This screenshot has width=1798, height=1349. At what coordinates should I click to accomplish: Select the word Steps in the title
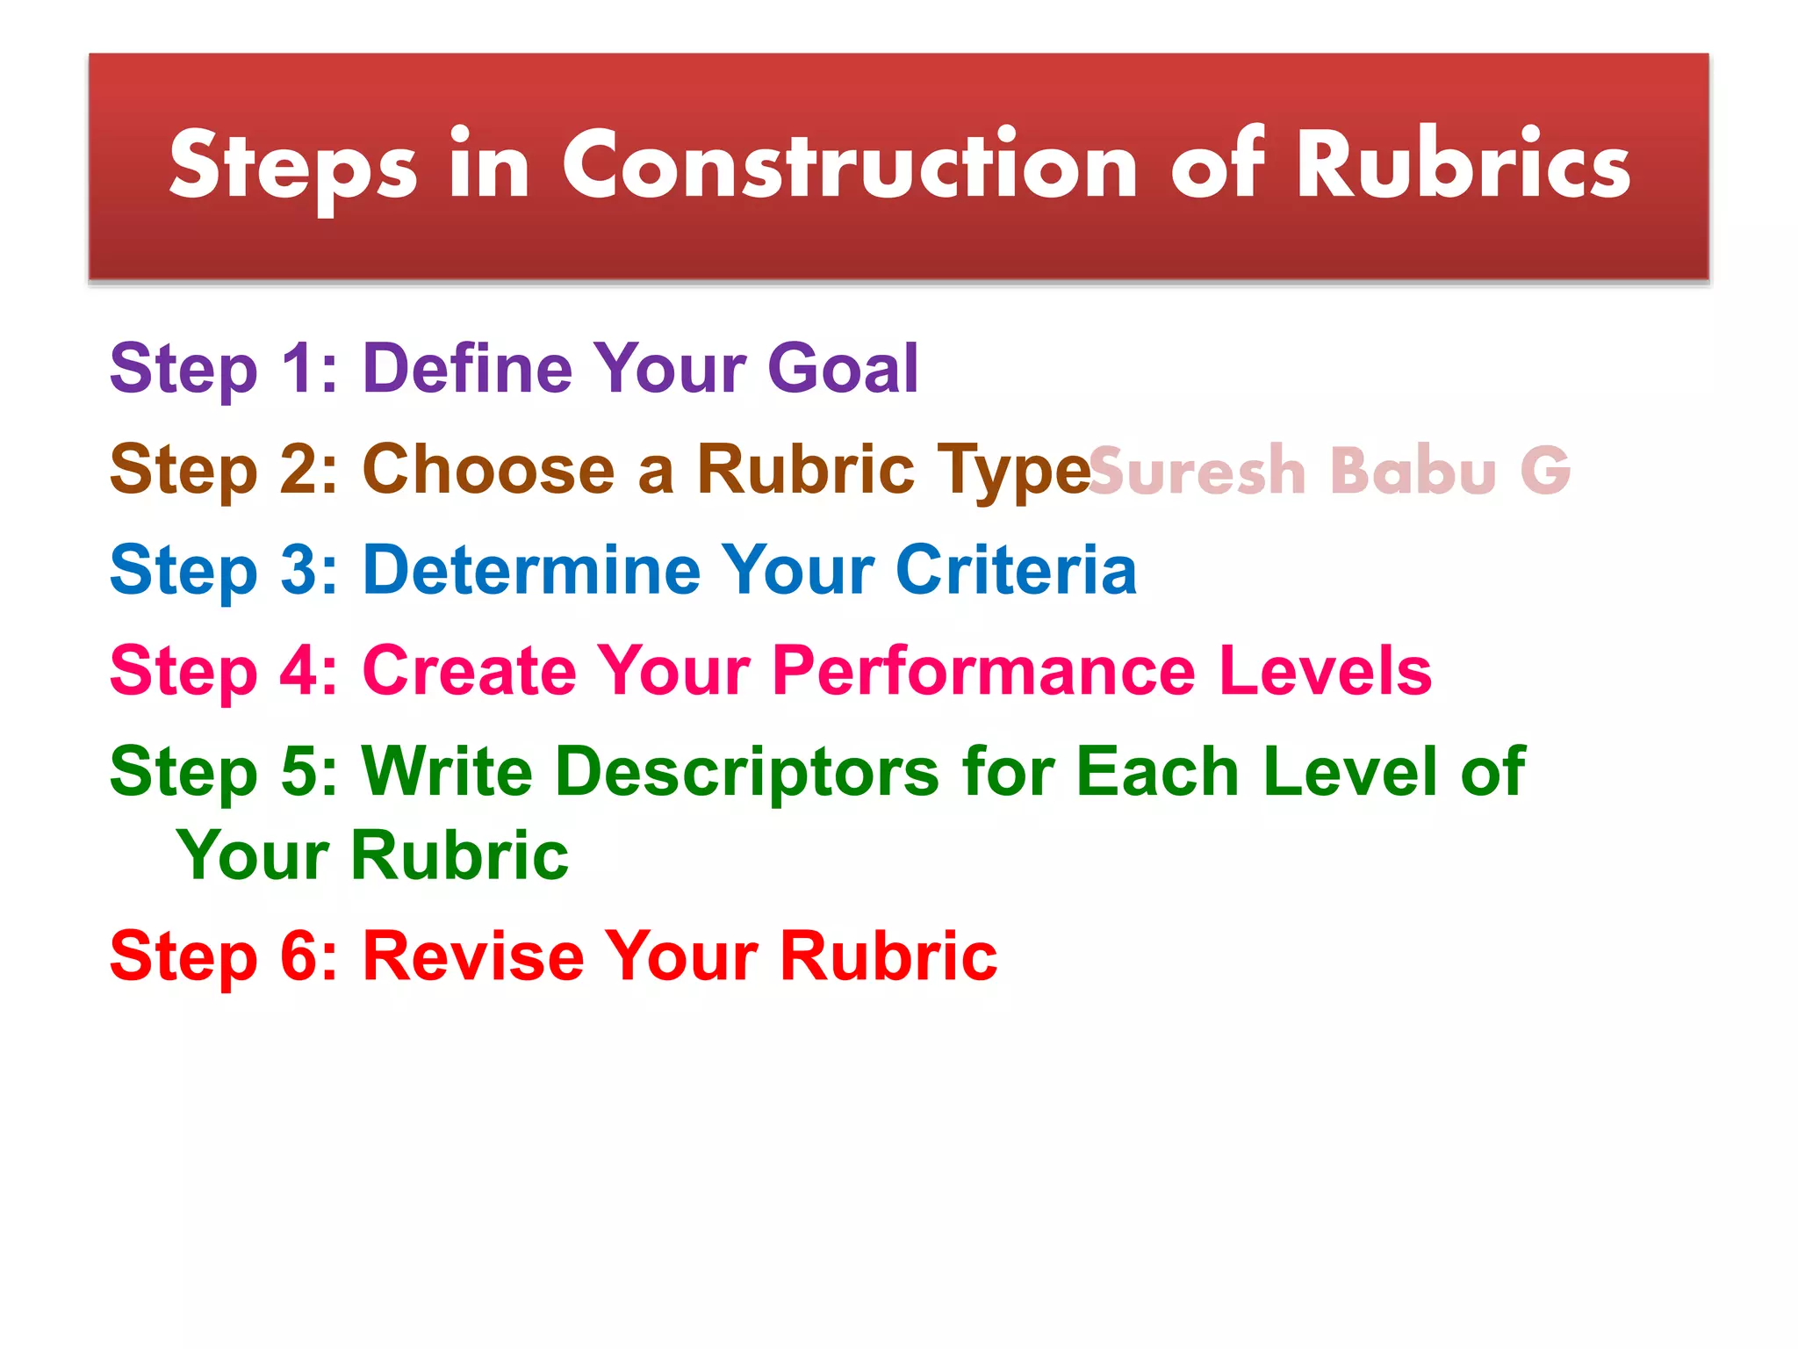point(292,167)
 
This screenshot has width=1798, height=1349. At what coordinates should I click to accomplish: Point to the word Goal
point(842,368)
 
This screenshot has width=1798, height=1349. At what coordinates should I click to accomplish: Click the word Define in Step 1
point(467,368)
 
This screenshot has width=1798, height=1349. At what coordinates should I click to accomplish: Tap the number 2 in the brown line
point(298,469)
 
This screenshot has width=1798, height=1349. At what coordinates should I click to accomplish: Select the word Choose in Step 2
point(488,469)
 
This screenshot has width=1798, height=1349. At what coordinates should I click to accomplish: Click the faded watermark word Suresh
point(1197,471)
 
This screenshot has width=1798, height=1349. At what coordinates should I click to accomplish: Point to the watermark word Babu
point(1413,471)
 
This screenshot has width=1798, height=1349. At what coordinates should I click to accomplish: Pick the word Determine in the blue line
point(530,570)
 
